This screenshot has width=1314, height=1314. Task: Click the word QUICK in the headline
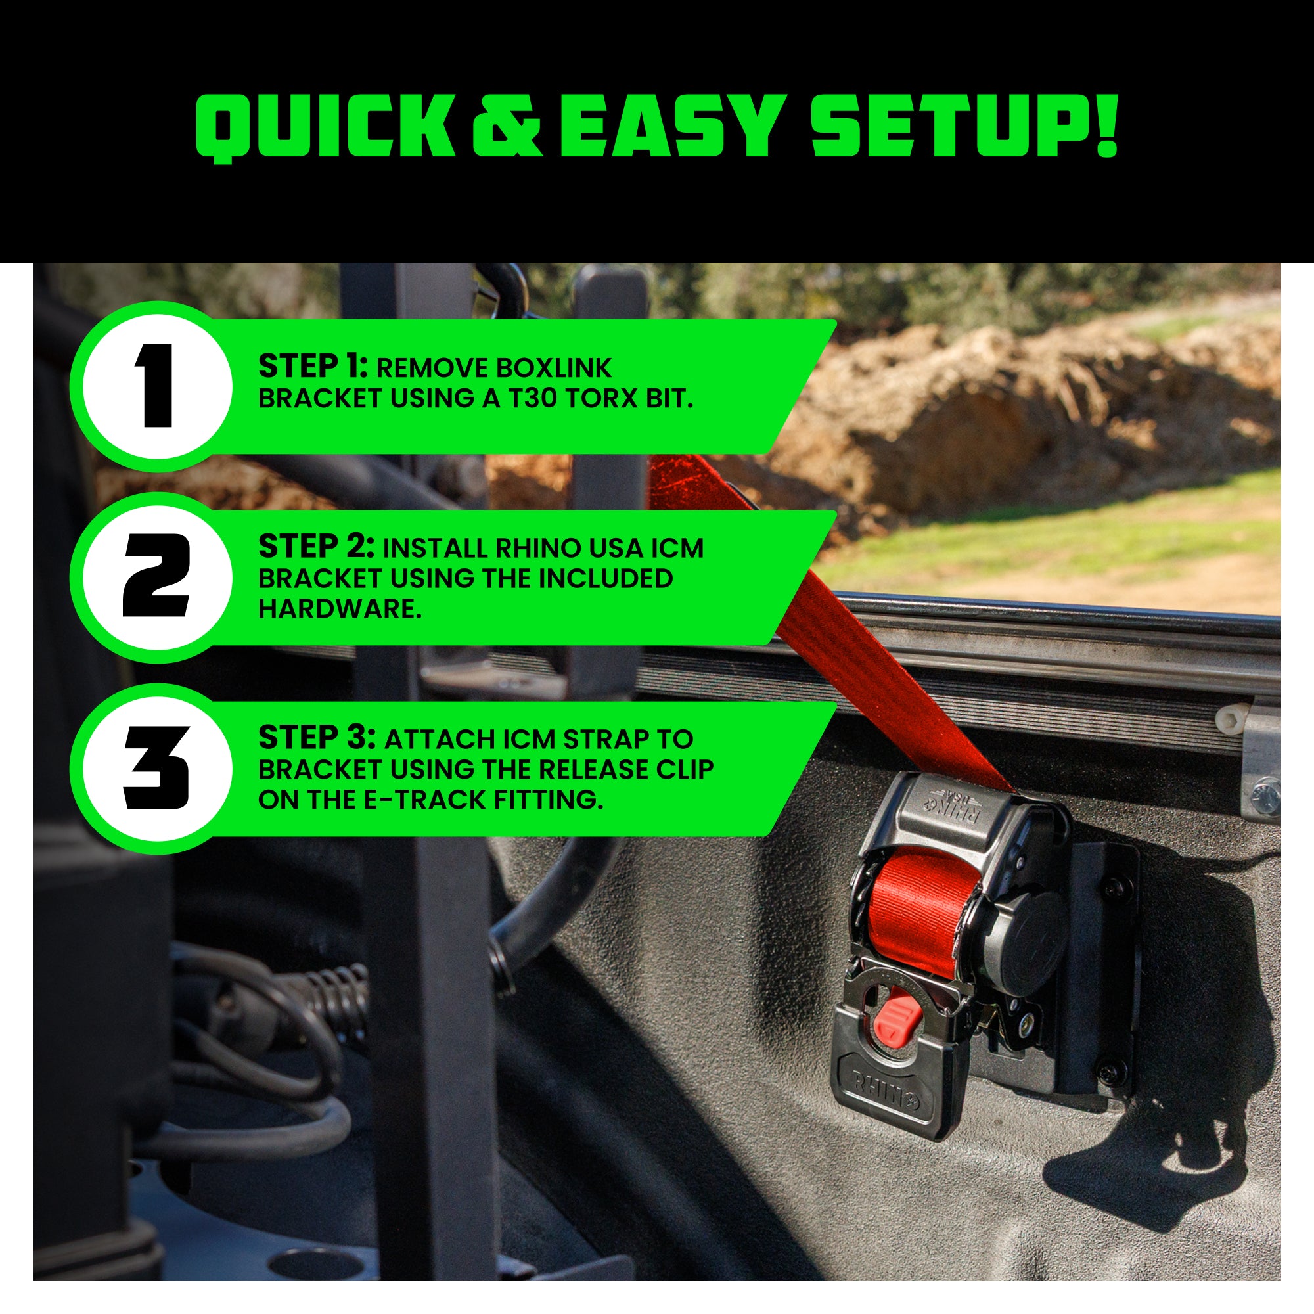pyautogui.click(x=325, y=128)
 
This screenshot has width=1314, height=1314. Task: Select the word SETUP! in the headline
pyautogui.click(x=964, y=127)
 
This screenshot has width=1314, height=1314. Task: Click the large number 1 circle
pyautogui.click(x=154, y=386)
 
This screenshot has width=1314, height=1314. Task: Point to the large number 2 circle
pyautogui.click(x=154, y=578)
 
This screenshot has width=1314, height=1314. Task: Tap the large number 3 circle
pyautogui.click(x=154, y=769)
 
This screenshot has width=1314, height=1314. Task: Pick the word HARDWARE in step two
pyautogui.click(x=340, y=609)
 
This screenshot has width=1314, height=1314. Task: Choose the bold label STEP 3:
pyautogui.click(x=316, y=738)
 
